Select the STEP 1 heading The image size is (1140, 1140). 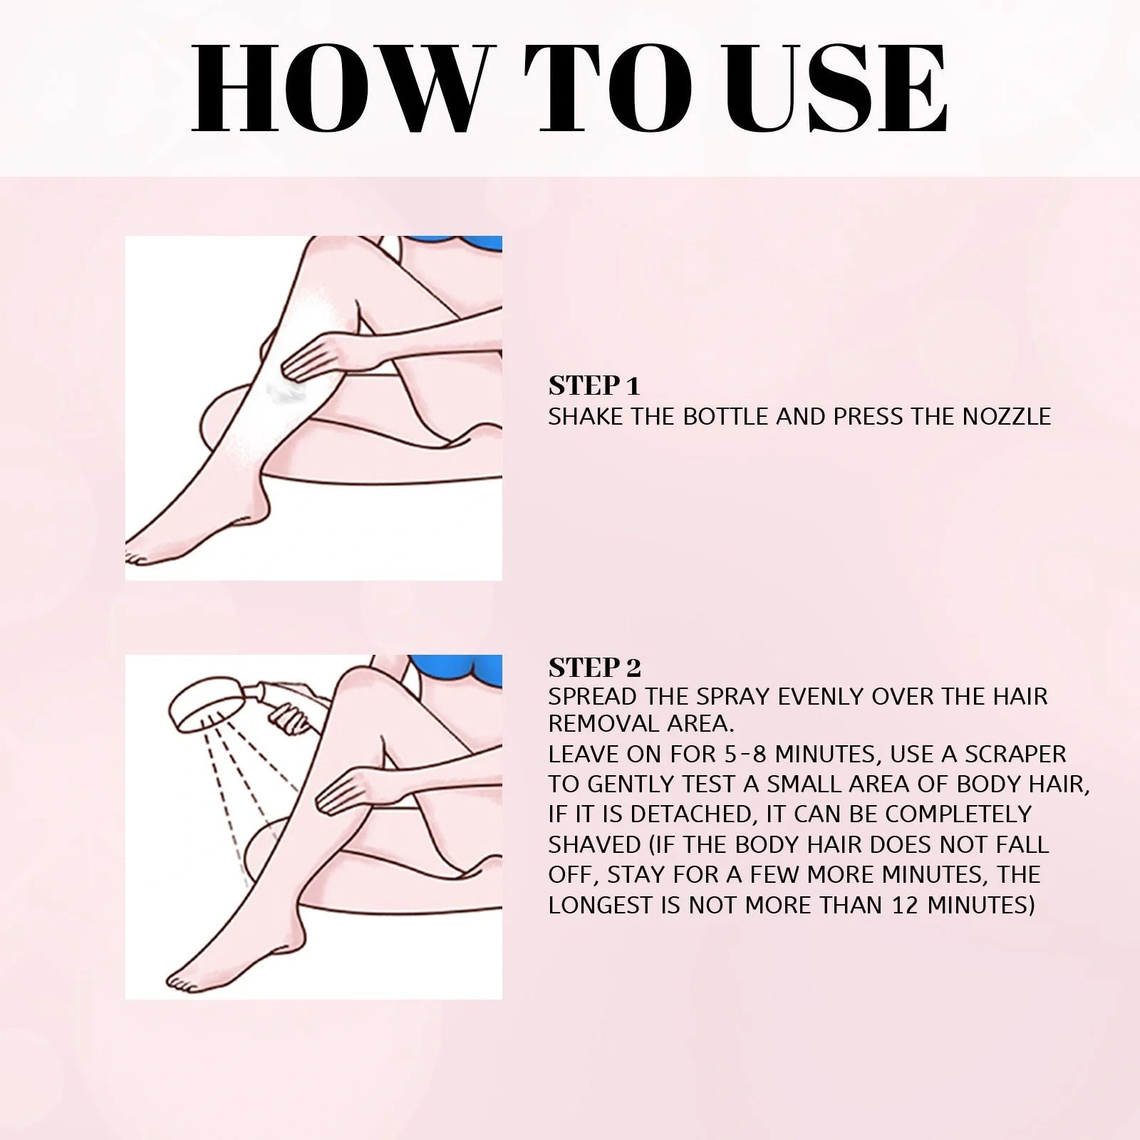(594, 386)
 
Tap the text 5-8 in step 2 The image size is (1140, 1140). (737, 754)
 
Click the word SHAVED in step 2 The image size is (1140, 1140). (594, 844)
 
